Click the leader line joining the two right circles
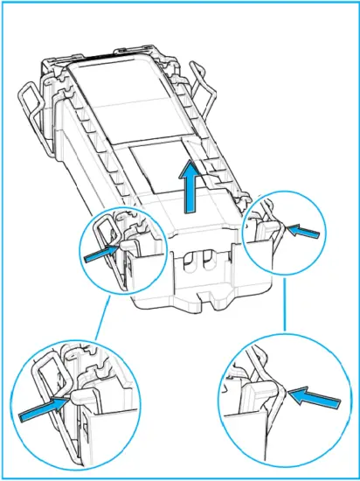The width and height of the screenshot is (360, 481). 286,310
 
